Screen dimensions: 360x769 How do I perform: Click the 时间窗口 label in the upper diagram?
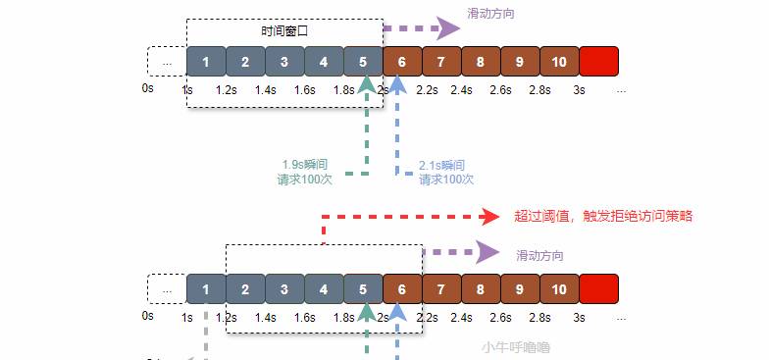click(x=284, y=31)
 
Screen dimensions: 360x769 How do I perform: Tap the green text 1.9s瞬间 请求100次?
click(x=306, y=172)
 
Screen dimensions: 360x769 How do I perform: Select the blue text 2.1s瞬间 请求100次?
click(x=444, y=172)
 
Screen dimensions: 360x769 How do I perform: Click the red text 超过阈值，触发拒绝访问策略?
click(x=603, y=216)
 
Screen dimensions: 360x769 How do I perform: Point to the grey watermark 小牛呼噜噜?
click(x=516, y=346)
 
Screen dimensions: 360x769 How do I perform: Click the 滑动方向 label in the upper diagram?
click(x=491, y=14)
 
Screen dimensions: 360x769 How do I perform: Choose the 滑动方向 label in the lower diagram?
click(x=540, y=255)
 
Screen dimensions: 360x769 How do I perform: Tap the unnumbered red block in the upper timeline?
click(x=598, y=61)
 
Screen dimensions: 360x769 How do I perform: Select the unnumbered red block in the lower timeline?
click(x=598, y=289)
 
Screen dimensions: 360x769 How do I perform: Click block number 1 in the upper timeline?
click(x=206, y=61)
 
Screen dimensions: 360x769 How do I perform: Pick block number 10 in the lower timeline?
click(x=559, y=289)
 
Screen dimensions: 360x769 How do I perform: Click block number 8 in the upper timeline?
click(x=481, y=61)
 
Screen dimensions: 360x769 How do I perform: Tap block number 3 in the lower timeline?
click(x=284, y=289)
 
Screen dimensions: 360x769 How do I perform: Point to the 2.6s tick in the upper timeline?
click(x=501, y=89)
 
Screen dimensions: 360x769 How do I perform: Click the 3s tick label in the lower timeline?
click(x=580, y=317)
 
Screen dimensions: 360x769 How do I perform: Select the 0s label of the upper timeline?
click(x=148, y=88)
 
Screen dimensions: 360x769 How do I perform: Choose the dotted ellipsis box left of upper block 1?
click(x=167, y=61)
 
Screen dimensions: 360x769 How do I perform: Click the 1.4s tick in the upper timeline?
click(x=266, y=89)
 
